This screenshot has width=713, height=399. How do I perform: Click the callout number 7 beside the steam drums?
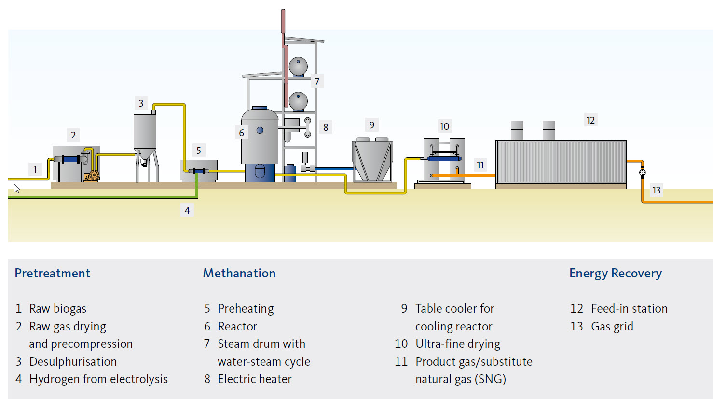(317, 82)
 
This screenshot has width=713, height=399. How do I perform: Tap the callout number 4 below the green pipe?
(187, 210)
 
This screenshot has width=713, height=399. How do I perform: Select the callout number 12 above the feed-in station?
(590, 120)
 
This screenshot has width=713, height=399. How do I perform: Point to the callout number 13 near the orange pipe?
(657, 190)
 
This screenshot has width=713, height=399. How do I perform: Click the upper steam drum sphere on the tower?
(298, 67)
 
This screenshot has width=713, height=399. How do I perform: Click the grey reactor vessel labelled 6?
(260, 137)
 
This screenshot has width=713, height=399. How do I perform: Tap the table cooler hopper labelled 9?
(372, 159)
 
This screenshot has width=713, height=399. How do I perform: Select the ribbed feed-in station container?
(561, 162)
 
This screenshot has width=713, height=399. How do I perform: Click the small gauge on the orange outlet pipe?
(642, 172)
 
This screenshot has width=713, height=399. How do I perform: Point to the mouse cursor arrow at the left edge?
(16, 188)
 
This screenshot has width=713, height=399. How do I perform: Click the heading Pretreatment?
(53, 273)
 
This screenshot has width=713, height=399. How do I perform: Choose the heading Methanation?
(239, 273)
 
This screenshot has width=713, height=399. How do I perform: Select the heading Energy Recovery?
(616, 273)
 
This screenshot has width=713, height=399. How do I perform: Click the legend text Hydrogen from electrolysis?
(98, 379)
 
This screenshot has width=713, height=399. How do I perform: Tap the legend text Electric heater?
(255, 379)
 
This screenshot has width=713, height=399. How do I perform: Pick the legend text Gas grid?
(612, 327)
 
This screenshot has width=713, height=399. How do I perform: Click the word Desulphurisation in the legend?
(73, 362)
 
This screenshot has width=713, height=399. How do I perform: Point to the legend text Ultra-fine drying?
(458, 344)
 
